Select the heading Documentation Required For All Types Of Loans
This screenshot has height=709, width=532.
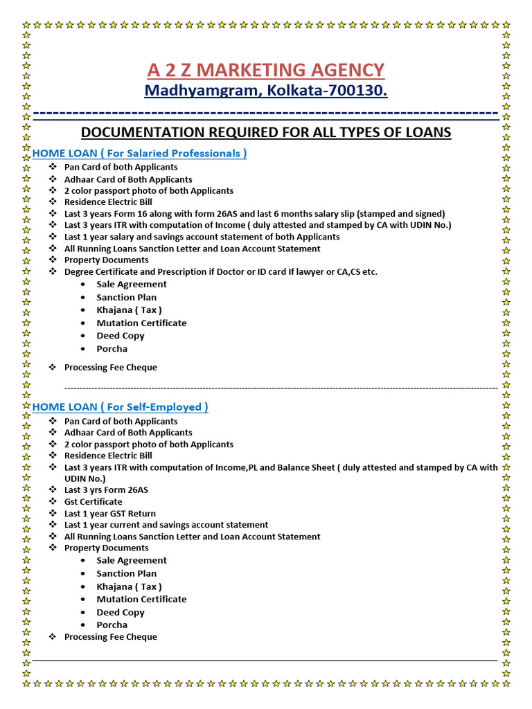(x=266, y=132)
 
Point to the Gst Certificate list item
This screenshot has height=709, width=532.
(x=93, y=502)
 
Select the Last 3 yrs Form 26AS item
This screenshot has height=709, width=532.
(x=106, y=490)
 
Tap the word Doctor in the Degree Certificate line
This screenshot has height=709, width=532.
(x=244, y=272)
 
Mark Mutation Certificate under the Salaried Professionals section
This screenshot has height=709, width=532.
(x=141, y=323)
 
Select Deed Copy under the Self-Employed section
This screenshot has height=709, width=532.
(x=121, y=613)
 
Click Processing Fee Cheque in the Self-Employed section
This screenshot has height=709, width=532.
(x=110, y=637)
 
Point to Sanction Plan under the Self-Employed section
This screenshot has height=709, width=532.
(x=126, y=574)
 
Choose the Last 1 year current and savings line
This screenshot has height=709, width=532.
(x=166, y=525)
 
